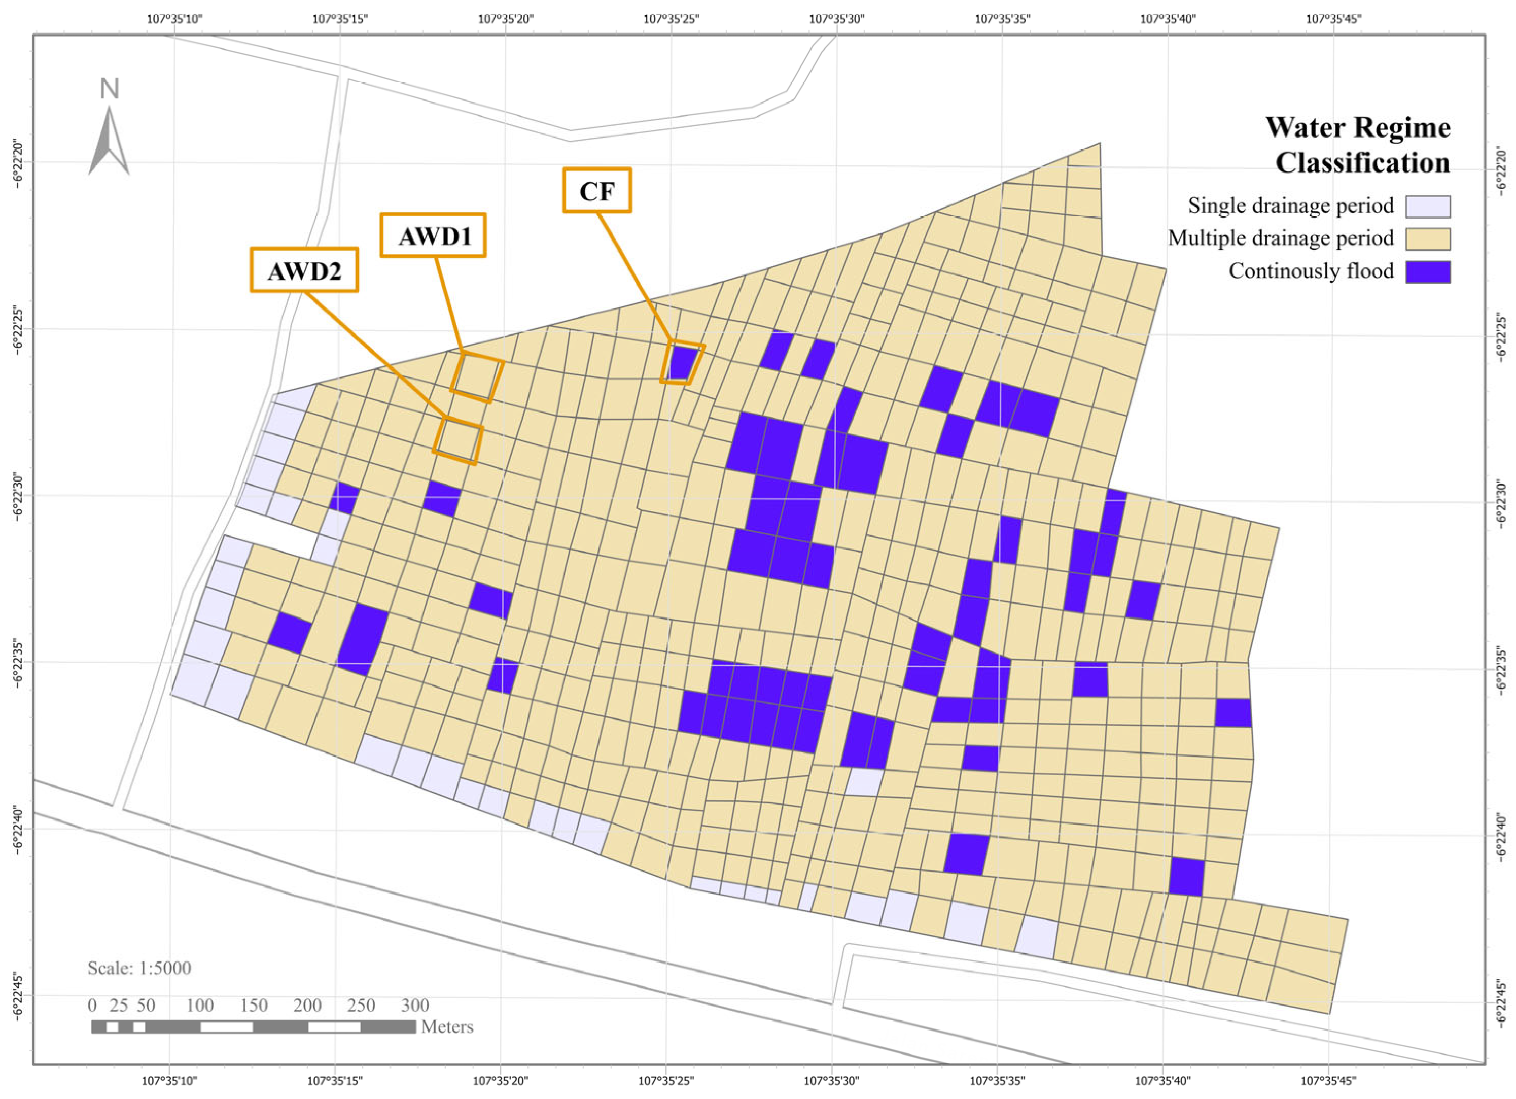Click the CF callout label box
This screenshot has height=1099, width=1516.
597,190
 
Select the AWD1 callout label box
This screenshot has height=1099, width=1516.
433,235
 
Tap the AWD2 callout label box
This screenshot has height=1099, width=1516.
304,270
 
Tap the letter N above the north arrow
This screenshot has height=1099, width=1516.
109,89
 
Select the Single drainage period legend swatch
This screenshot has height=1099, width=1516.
1427,207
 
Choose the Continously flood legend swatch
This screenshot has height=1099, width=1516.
1427,272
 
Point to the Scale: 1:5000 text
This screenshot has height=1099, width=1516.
139,968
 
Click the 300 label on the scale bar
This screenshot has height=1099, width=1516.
414,1005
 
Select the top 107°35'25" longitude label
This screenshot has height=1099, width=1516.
671,19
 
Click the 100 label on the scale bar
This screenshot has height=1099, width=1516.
200,1005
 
